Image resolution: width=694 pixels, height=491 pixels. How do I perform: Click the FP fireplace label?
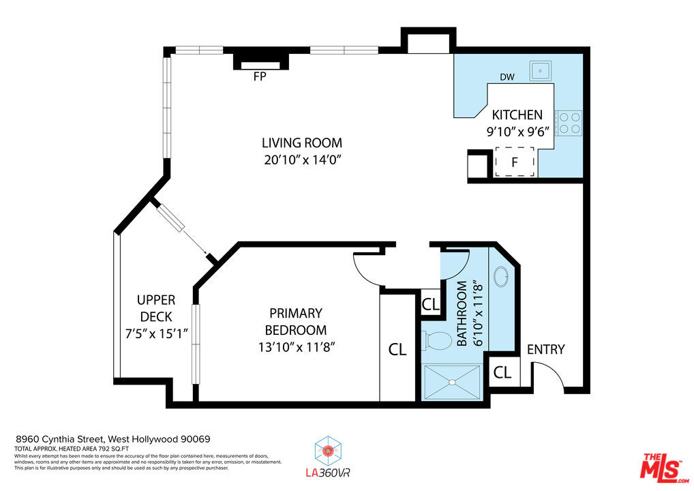[260, 76]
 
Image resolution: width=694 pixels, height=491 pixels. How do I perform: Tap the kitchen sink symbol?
[540, 71]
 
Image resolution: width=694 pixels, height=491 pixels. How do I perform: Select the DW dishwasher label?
[507, 77]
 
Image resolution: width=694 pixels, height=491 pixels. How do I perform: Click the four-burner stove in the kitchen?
[569, 123]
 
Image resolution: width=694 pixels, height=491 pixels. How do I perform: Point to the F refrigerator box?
[514, 162]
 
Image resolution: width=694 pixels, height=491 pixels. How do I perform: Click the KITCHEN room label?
[517, 115]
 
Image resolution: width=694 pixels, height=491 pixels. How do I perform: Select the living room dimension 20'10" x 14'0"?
[303, 160]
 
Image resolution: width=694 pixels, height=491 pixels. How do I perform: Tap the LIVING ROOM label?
[302, 143]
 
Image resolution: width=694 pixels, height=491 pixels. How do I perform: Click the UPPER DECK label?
[156, 308]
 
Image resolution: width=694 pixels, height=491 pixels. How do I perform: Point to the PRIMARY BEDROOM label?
[296, 321]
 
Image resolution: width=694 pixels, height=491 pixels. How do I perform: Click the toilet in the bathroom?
[437, 340]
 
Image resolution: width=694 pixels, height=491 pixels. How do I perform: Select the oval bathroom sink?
[501, 276]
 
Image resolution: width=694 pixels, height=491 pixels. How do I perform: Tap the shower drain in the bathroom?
[452, 382]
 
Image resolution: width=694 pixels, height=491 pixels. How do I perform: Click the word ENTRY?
[546, 349]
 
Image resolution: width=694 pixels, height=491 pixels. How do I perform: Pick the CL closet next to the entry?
[502, 372]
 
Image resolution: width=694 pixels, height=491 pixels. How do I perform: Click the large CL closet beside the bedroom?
[397, 349]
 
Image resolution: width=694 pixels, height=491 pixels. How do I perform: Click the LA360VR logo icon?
[327, 451]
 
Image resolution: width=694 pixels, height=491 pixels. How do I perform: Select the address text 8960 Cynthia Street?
[60, 439]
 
